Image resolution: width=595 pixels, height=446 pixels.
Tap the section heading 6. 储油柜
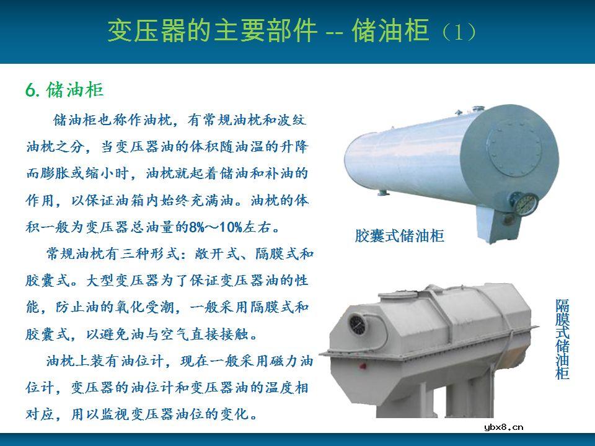coord(64,90)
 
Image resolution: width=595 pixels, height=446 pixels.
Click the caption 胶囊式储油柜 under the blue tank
coord(400,236)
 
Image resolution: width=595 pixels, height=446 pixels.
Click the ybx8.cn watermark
coord(503,427)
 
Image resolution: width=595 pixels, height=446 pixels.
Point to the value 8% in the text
coord(196,227)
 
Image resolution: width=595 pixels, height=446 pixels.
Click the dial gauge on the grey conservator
coord(358,323)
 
